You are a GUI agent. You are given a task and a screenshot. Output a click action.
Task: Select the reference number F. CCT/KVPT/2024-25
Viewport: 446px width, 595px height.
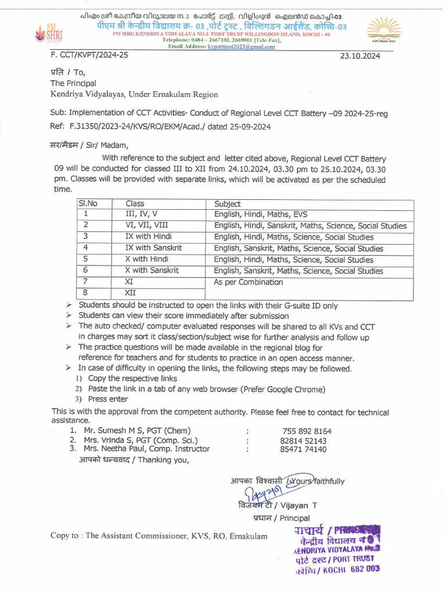[89, 55]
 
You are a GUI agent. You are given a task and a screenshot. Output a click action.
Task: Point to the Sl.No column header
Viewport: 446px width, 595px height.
[88, 204]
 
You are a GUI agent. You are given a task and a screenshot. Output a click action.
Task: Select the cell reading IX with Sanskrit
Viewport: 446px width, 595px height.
[153, 248]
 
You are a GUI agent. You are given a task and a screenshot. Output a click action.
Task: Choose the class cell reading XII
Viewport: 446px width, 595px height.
[131, 293]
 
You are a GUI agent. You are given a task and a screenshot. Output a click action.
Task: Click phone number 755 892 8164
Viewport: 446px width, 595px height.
[307, 431]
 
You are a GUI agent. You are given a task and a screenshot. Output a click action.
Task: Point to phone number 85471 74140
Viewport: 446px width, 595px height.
[303, 449]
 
